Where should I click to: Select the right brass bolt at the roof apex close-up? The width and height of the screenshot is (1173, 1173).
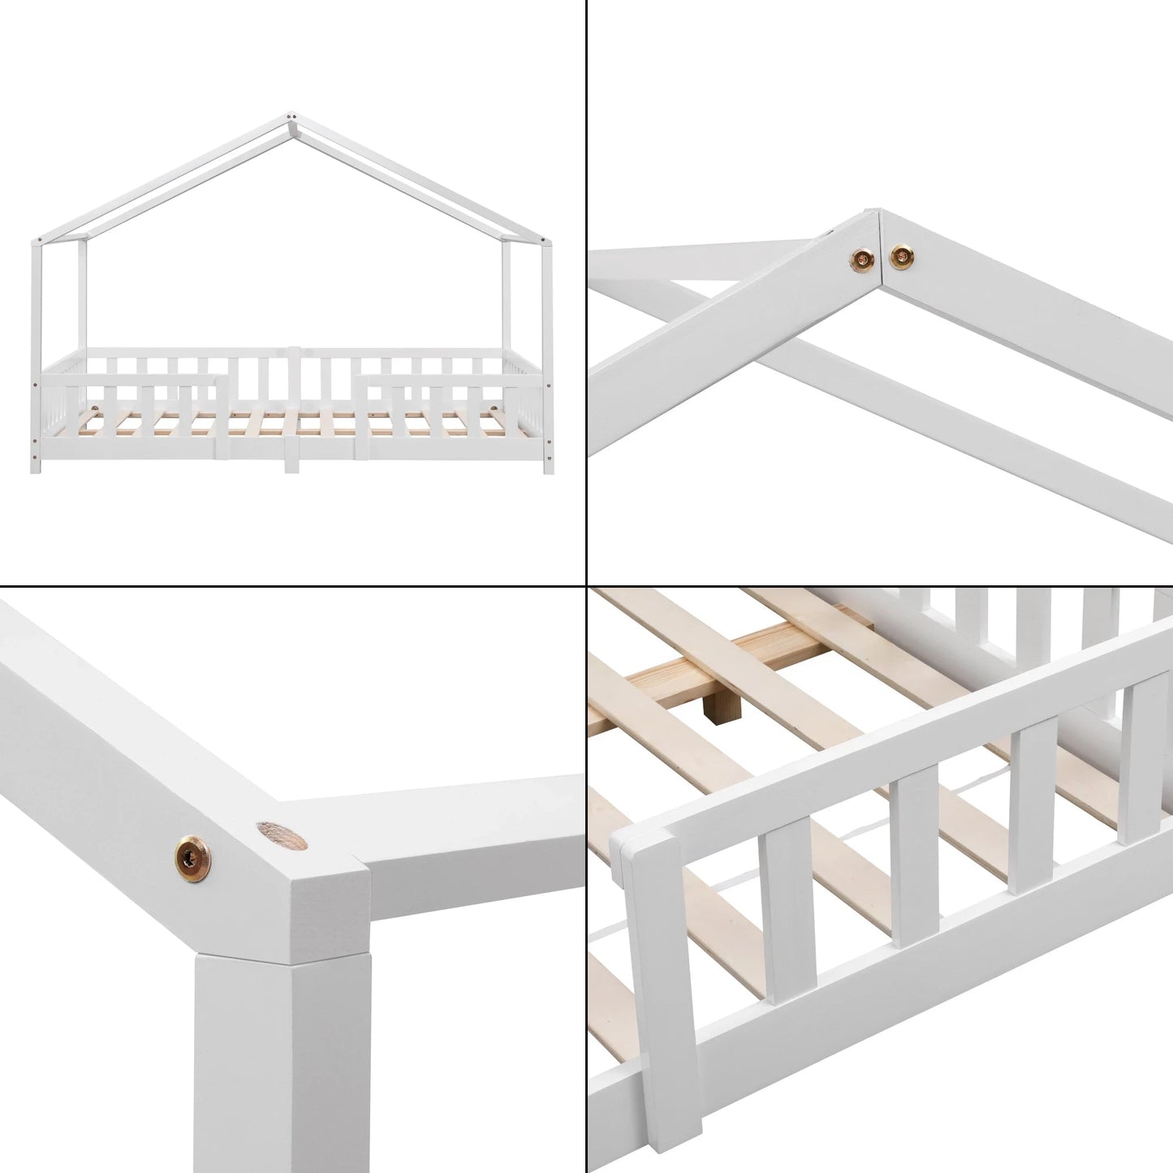pyautogui.click(x=899, y=257)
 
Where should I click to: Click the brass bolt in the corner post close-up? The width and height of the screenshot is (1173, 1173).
pyautogui.click(x=188, y=852)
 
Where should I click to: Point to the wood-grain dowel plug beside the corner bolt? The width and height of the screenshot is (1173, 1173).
pyautogui.click(x=277, y=835)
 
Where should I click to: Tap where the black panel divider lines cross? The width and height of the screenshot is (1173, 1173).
pyautogui.click(x=586, y=586)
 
